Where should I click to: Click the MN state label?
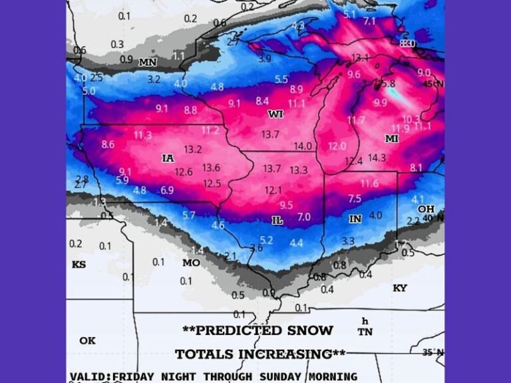tap(148, 63)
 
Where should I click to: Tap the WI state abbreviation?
tap(275, 114)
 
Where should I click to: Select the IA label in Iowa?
tap(168, 158)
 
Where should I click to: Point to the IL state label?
tap(278, 220)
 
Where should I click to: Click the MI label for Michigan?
tap(391, 138)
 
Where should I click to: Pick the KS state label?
tap(79, 265)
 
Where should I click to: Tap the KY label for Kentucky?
tap(399, 288)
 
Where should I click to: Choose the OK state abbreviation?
tap(87, 340)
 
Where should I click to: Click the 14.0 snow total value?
tap(303, 146)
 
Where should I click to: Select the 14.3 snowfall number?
tap(377, 158)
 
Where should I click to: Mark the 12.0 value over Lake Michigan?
tap(337, 146)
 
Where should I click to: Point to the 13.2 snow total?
tap(193, 150)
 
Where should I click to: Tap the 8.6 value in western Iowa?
tap(108, 144)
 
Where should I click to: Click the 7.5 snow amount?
tap(355, 198)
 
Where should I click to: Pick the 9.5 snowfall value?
tap(286, 205)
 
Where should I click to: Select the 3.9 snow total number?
tap(264, 59)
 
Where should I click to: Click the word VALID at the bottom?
tap(89, 376)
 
